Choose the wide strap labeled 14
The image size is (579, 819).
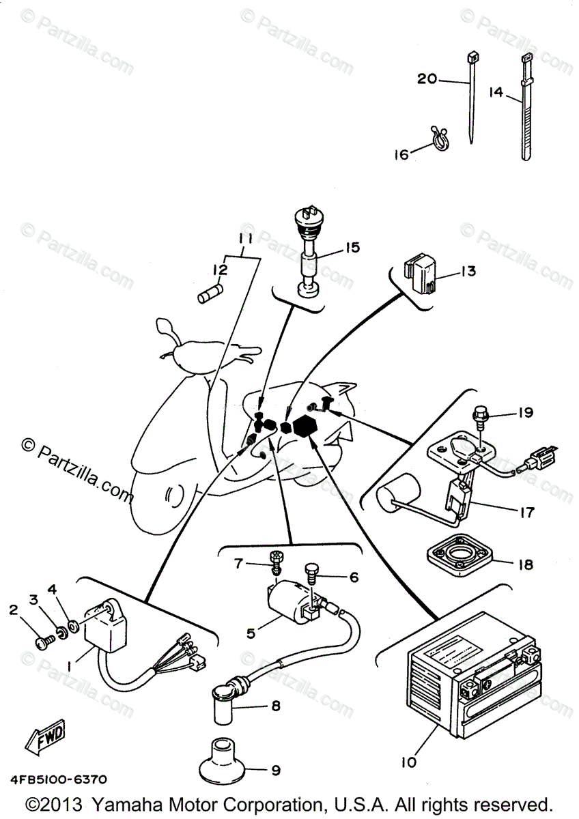click(x=526, y=109)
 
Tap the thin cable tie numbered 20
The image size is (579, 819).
click(x=470, y=96)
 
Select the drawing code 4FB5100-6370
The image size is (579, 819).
click(x=58, y=779)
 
